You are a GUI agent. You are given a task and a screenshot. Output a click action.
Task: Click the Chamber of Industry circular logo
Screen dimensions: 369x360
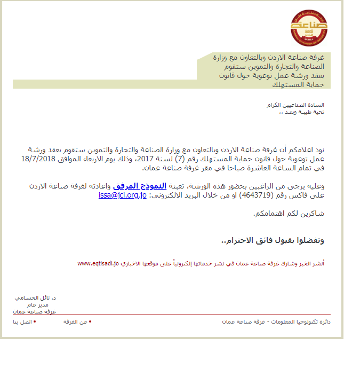tap(309, 26)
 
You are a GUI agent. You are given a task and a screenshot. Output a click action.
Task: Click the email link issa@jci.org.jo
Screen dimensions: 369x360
tap(123, 195)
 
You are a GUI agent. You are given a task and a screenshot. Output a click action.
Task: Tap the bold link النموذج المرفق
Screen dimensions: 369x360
tap(137, 186)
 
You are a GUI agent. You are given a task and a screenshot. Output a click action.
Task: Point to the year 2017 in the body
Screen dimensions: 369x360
tap(147, 159)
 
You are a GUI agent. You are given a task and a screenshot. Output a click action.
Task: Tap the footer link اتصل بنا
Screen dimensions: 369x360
tap(22, 322)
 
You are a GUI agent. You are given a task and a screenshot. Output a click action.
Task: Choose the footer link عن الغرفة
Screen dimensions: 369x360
tap(75, 322)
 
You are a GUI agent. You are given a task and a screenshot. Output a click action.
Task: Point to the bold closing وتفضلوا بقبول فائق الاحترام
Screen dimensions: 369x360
tap(275, 241)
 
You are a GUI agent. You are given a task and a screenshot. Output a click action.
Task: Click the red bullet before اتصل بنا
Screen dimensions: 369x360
tap(35, 322)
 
